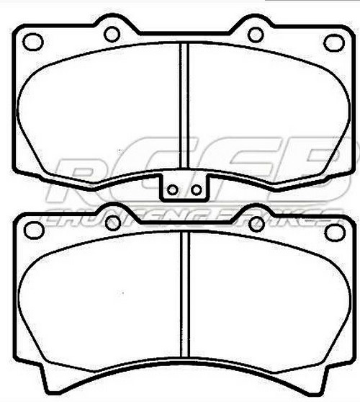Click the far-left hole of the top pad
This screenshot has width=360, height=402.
[x=33, y=42]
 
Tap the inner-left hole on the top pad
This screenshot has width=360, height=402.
[x=112, y=34]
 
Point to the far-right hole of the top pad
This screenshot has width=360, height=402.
[x=333, y=42]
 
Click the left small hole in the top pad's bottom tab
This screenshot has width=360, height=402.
[x=172, y=190]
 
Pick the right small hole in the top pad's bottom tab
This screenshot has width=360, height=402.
[x=194, y=190]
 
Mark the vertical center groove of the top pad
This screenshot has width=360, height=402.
[x=184, y=108]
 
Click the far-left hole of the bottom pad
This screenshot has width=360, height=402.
[x=33, y=231]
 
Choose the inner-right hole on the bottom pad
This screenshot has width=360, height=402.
[x=256, y=223]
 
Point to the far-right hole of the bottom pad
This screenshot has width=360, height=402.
[x=333, y=231]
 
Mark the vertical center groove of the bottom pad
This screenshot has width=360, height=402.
[x=184, y=303]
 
